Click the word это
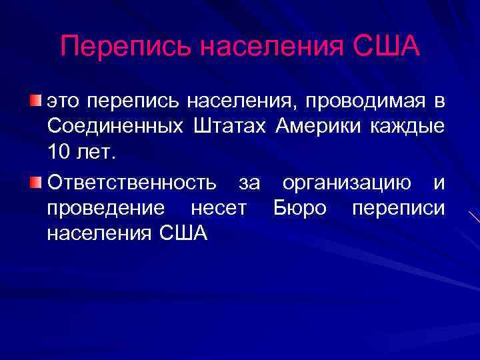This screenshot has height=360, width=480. pyautogui.click(x=65, y=101)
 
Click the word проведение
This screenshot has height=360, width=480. pyautogui.click(x=106, y=208)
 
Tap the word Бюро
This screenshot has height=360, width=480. pyautogui.click(x=300, y=208)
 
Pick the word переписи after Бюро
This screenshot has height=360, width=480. pyautogui.click(x=398, y=208)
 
